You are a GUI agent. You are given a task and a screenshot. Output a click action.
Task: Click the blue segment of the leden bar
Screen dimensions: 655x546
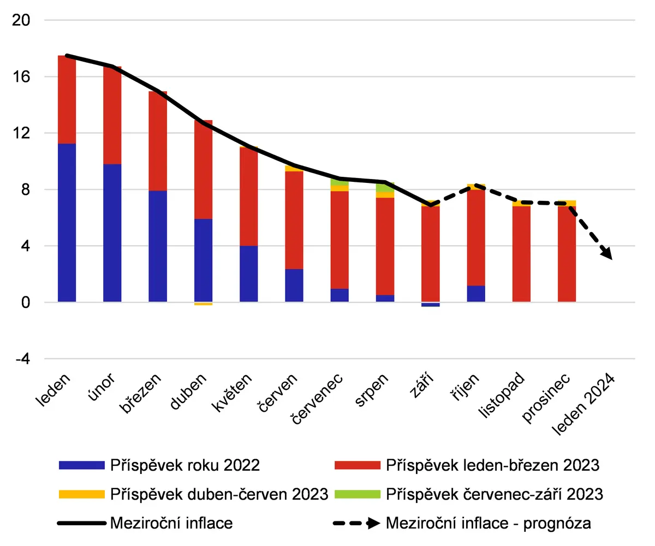tap(67, 222)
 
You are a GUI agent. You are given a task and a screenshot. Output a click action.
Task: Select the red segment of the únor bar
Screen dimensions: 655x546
tap(112, 115)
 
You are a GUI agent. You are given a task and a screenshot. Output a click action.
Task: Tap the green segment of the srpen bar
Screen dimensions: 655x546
tap(385, 187)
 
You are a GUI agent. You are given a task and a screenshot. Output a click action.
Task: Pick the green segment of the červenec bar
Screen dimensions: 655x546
tap(340, 182)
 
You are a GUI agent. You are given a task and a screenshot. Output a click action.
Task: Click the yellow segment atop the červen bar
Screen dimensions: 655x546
tap(294, 169)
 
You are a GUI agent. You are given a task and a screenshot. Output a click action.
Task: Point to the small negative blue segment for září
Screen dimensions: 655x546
tap(431, 304)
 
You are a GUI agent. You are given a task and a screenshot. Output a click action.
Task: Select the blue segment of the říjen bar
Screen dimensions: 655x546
tap(476, 294)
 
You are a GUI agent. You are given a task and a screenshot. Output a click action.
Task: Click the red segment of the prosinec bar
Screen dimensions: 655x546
tap(567, 254)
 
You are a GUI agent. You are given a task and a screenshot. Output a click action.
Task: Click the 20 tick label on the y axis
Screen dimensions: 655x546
tap(21, 20)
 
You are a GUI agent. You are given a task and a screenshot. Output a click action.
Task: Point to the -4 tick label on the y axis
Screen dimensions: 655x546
tap(23, 358)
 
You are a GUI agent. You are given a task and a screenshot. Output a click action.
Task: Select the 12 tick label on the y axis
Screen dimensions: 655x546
tap(21, 133)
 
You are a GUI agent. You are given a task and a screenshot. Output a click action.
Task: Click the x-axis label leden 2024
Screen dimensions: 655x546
tap(583, 404)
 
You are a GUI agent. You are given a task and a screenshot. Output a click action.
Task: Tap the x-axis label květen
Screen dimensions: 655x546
tap(232, 392)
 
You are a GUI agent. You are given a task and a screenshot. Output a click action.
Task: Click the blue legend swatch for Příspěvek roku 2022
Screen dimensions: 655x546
tap(81, 465)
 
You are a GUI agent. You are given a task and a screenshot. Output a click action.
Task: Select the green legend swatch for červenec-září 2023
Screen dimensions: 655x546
tap(358, 494)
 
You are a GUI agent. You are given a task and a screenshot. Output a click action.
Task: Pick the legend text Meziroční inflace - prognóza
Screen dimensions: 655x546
tap(489, 523)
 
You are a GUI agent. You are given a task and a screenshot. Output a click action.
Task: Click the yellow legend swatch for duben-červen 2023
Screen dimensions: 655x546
tap(81, 494)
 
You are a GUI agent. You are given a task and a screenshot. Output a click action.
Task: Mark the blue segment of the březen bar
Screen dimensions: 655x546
tap(158, 246)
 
